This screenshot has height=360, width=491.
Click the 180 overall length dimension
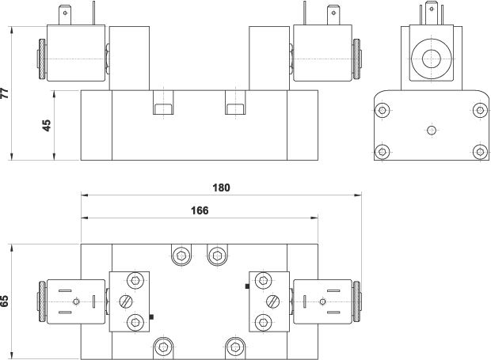(x=222, y=188)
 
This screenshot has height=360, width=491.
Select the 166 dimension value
(x=200, y=210)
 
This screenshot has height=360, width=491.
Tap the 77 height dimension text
(x=6, y=93)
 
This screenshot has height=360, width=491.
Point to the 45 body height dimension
(x=47, y=125)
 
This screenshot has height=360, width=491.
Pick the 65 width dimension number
(x=6, y=301)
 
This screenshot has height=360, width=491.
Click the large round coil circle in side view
(x=432, y=59)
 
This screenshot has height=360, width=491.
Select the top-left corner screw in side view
(x=383, y=110)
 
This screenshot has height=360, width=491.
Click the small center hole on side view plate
(x=431, y=131)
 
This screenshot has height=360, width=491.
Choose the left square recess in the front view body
(x=162, y=108)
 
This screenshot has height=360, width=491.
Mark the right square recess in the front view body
(x=235, y=108)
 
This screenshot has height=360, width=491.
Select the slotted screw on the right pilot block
(x=273, y=301)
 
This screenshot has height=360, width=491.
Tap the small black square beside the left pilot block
(x=151, y=317)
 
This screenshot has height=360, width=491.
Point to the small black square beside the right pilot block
(x=247, y=286)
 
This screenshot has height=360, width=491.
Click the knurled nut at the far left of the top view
(x=40, y=301)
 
